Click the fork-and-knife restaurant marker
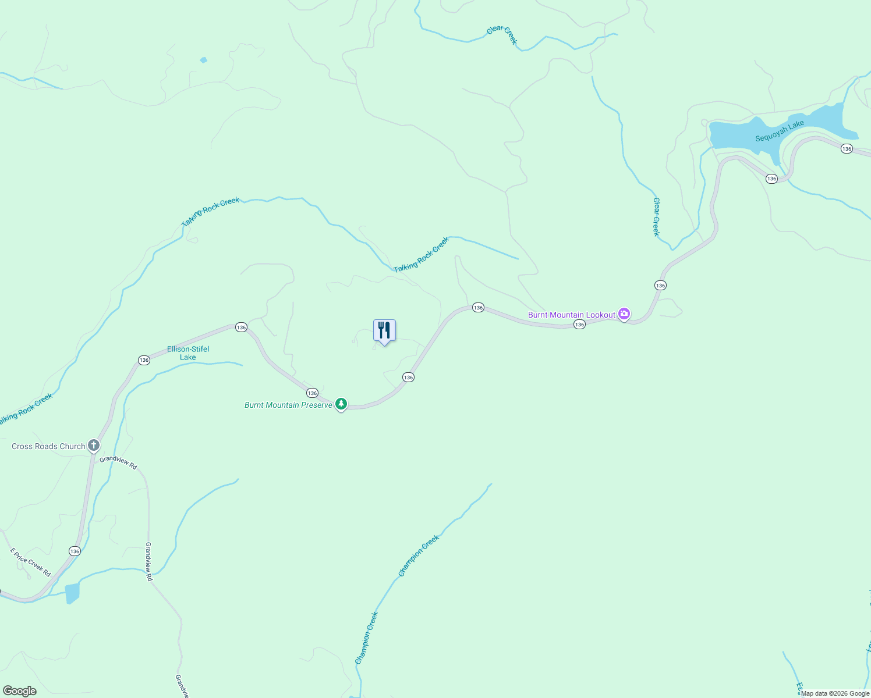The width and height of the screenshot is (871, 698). [x=384, y=330]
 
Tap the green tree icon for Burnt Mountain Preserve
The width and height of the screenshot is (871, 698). [x=341, y=404]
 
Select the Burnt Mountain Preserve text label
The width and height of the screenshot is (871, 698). [x=288, y=405]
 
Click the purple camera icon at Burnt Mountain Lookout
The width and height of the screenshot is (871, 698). [x=624, y=314]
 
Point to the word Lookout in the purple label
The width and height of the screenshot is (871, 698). [x=600, y=315]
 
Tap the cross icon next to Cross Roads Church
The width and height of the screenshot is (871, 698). [x=94, y=446]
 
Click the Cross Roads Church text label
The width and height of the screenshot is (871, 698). [x=48, y=446]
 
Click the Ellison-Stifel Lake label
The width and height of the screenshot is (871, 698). [x=188, y=353]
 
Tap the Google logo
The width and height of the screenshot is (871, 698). [x=19, y=691]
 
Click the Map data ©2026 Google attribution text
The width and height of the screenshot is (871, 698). [x=835, y=693]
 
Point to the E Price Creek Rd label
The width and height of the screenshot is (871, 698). [x=30, y=562]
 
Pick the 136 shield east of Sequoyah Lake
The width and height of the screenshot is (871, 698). [x=847, y=149]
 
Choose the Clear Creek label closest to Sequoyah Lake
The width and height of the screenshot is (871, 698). [x=656, y=217]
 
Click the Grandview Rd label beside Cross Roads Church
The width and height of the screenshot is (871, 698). [x=118, y=462]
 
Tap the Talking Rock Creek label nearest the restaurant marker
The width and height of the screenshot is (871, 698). [x=421, y=255]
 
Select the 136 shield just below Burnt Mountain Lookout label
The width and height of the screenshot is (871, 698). [x=579, y=325]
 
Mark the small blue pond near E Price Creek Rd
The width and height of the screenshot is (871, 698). [x=72, y=593]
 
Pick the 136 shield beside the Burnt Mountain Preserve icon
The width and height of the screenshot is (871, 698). [x=312, y=393]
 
